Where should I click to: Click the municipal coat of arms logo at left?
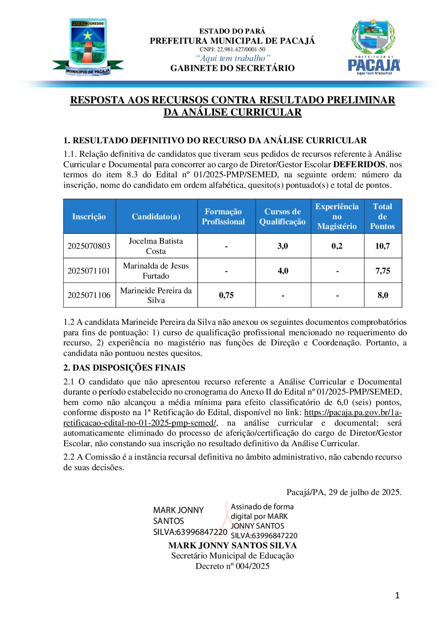click(x=88, y=47)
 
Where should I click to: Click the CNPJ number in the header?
click(x=232, y=49)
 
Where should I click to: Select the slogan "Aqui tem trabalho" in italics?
click(x=233, y=58)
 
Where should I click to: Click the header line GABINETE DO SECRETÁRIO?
click(x=232, y=68)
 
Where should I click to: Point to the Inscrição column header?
click(x=89, y=216)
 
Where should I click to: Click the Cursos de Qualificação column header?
click(x=282, y=216)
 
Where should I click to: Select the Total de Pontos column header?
click(x=382, y=216)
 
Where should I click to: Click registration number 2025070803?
click(x=89, y=246)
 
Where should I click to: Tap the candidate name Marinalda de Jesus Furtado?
click(x=156, y=271)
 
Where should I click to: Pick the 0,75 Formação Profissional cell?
click(x=226, y=295)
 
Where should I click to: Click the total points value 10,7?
click(x=382, y=246)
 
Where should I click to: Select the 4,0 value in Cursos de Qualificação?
click(x=283, y=271)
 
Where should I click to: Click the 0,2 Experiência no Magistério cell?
click(x=337, y=246)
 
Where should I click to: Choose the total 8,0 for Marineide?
click(x=383, y=295)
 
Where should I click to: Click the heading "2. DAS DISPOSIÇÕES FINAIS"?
click(x=124, y=368)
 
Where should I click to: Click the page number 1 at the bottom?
click(x=397, y=595)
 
